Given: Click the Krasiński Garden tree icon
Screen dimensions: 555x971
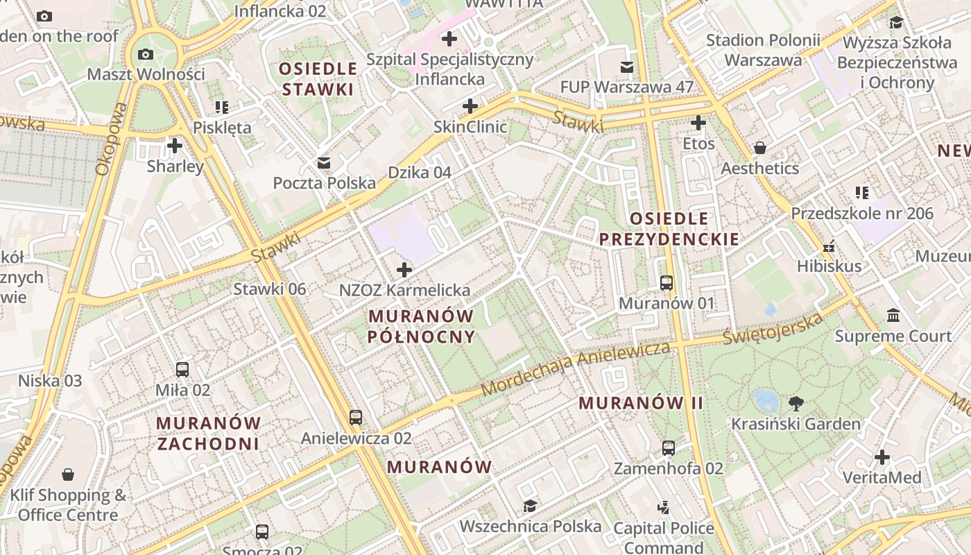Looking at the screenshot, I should [x=796, y=403].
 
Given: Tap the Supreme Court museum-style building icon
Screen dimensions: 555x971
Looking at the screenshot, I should [x=893, y=316].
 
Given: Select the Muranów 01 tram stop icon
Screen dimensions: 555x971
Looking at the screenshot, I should [x=666, y=283].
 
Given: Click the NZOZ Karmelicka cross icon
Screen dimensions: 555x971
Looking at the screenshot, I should [x=404, y=270].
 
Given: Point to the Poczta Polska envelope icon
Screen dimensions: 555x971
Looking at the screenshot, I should [x=324, y=163].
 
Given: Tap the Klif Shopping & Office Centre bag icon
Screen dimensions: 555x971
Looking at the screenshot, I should [x=68, y=475].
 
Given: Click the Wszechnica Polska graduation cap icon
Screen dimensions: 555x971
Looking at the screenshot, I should [x=530, y=506].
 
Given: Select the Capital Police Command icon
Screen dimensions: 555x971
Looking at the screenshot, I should [x=664, y=507].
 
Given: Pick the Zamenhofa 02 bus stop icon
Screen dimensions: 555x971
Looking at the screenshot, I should [x=668, y=448].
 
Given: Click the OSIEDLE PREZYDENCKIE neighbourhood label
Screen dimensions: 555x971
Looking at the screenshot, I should [x=669, y=229].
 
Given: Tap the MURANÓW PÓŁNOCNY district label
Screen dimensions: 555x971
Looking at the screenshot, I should [x=421, y=327].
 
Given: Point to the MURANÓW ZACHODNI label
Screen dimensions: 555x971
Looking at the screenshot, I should [x=208, y=433].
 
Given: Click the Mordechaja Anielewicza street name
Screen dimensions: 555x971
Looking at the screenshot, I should [x=575, y=368].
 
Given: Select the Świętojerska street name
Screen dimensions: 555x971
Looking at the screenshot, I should [x=773, y=330].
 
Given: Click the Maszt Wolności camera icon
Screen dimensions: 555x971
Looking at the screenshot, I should [x=146, y=54].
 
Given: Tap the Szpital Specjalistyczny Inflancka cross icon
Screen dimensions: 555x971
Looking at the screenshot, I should [x=449, y=39].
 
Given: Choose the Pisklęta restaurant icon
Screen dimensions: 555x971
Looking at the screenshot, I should [x=221, y=107].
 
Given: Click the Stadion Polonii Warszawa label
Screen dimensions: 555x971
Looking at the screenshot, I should [x=763, y=50].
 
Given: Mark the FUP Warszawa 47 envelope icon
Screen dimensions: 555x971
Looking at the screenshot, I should [x=627, y=67].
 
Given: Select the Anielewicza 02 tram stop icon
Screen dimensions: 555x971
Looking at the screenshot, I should [x=356, y=418].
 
